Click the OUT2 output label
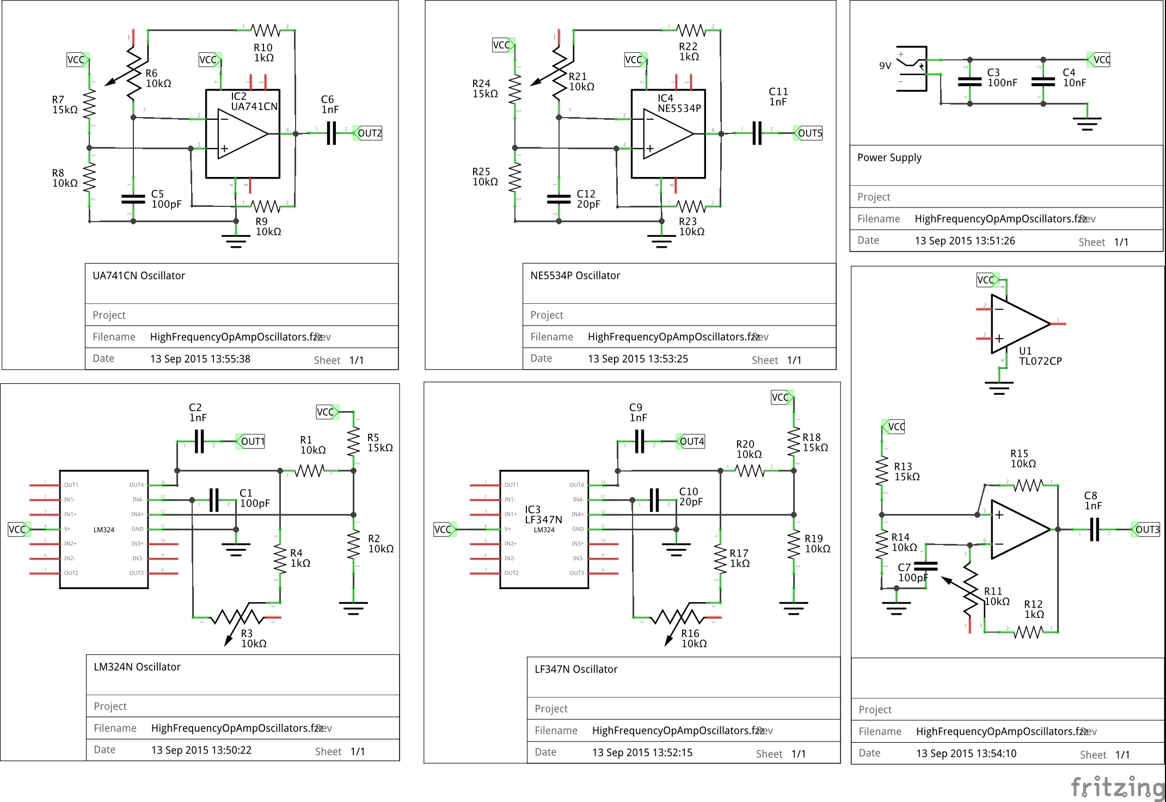[369, 133]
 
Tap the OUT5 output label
[809, 133]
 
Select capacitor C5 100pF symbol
[133, 199]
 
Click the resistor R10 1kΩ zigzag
[265, 30]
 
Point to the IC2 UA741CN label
[254, 102]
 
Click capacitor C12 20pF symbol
[559, 199]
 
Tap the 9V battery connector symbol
[912, 69]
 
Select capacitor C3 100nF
[969, 82]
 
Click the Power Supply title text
[889, 158]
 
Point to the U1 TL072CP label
[1040, 356]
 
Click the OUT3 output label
[1146, 529]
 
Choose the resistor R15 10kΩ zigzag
[1028, 485]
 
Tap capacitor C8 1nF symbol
[1095, 529]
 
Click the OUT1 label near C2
[252, 442]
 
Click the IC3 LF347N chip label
[543, 515]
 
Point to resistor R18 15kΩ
[794, 442]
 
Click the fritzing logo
[1117, 788]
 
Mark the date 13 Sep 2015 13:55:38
[200, 359]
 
